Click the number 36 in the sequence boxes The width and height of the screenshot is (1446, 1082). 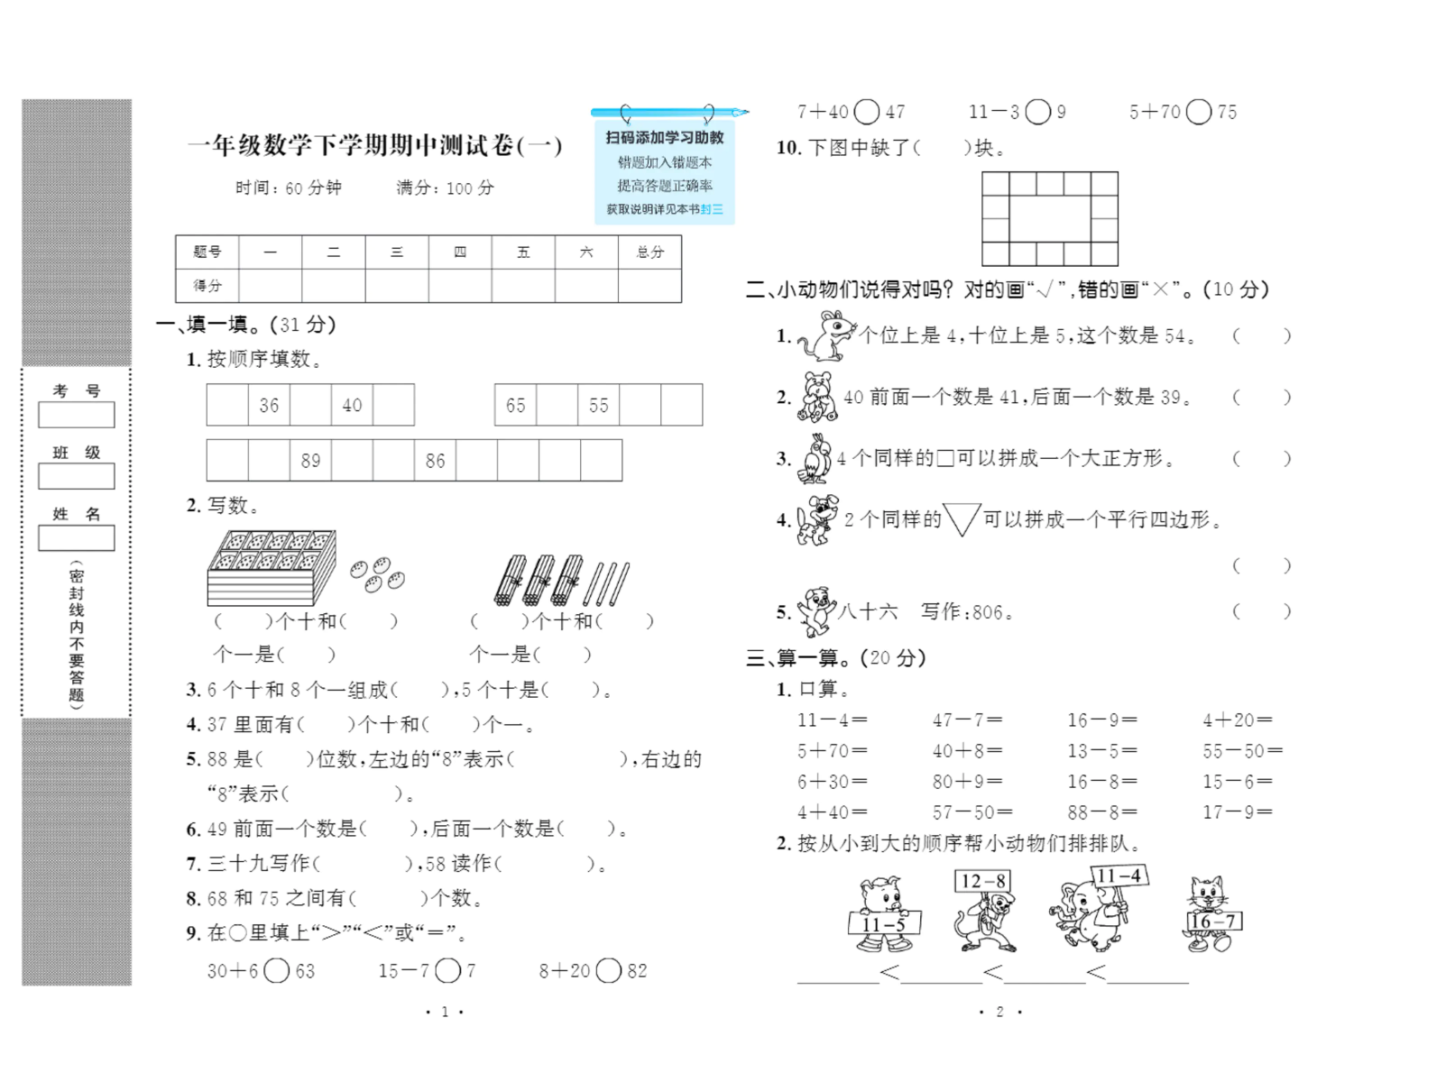(x=269, y=406)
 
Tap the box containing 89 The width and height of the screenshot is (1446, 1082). (x=310, y=461)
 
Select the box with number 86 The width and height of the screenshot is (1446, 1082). (x=435, y=461)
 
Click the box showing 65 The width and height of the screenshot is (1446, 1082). (x=515, y=406)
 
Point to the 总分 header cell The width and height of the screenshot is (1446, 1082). (x=649, y=252)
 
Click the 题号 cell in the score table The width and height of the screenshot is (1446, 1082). (x=207, y=252)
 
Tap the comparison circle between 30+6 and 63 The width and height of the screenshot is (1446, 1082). (x=277, y=971)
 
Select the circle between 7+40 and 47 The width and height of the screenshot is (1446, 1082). (x=866, y=112)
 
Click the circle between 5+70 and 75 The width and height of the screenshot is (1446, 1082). (x=1199, y=112)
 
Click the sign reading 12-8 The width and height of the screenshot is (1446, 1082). (x=983, y=881)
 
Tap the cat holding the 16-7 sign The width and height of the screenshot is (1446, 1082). (x=1208, y=912)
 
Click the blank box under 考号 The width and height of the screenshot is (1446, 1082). (x=77, y=415)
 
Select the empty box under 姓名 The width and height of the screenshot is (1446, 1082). (x=77, y=538)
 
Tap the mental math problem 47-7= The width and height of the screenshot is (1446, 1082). (x=967, y=720)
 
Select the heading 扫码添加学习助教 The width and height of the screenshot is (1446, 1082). (x=665, y=138)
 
